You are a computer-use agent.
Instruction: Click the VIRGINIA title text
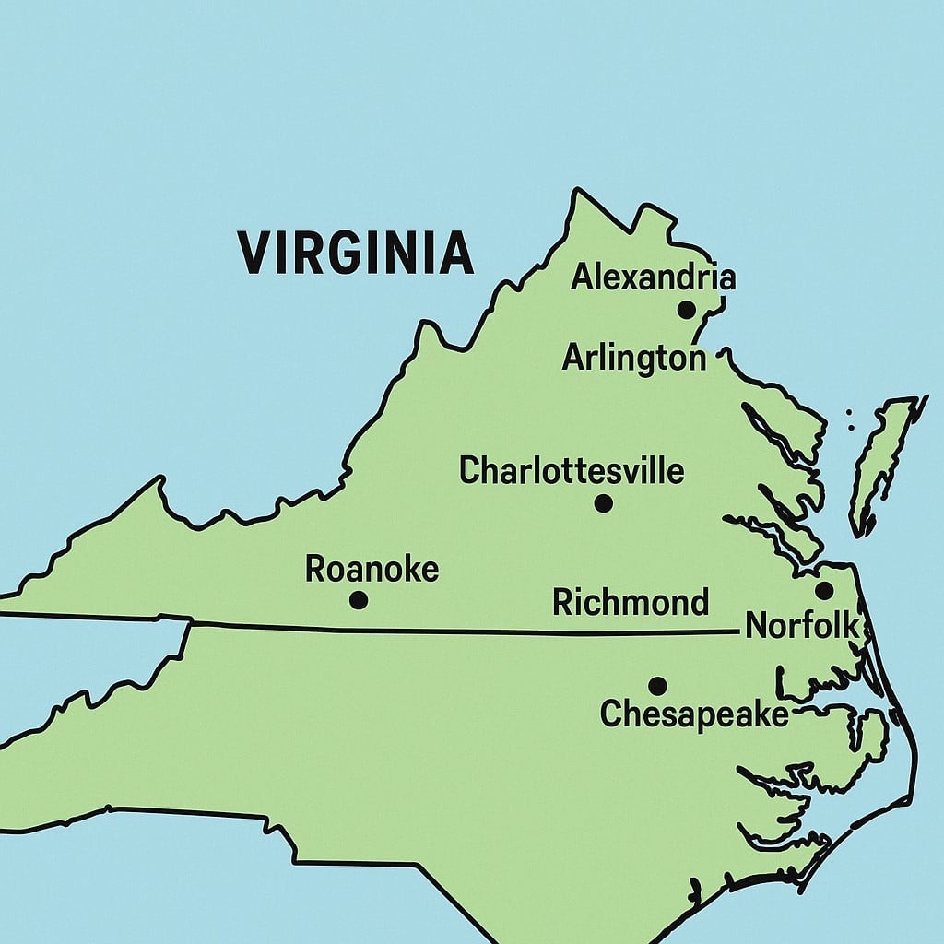coord(356,253)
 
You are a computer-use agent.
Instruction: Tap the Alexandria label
coord(654,277)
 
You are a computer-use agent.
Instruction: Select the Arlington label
coord(634,358)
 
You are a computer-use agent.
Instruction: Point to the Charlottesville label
coord(572,471)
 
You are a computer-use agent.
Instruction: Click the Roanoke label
coord(372,570)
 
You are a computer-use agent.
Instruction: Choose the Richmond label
coord(631,603)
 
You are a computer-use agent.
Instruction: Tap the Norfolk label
coord(802,626)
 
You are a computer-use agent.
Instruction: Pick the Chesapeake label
coord(694,714)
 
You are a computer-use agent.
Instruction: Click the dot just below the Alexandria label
coord(686,310)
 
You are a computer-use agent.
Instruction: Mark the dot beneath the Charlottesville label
coord(603,503)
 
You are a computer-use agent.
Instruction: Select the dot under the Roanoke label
coord(359,600)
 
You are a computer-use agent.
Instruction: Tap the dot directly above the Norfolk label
coord(824,590)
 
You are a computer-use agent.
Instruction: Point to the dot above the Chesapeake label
coord(657,686)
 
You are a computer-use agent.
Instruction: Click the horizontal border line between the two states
coord(461,631)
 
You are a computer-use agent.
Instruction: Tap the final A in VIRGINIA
coord(456,253)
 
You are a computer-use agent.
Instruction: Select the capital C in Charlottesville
coord(470,471)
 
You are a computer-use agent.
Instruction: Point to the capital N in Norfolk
coord(756,626)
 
